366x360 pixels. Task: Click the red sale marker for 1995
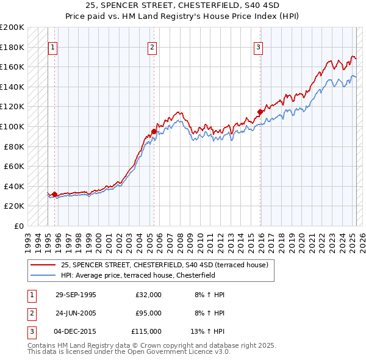pos(55,194)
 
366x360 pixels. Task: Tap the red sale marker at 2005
pos(154,131)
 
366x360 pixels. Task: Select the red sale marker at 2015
pos(260,112)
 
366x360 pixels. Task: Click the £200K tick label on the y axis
pos(12,27)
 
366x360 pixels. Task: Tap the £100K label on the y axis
pos(12,126)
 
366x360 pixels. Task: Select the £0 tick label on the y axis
pos(19,226)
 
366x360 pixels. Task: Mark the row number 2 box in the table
pos(30,313)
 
